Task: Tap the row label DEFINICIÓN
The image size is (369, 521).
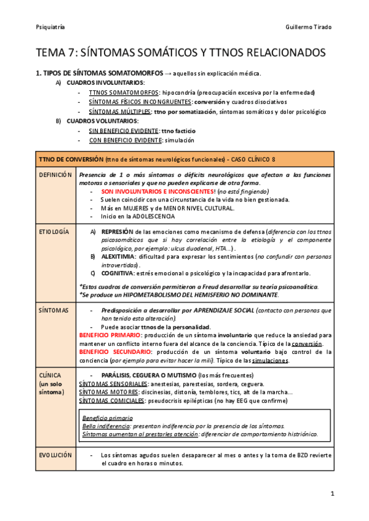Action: [56, 175]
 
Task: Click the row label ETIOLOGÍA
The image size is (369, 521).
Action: [54, 232]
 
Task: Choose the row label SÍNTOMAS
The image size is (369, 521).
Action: [54, 310]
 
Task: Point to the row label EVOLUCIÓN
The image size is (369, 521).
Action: [55, 455]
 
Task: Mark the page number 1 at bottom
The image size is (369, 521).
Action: [332, 493]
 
